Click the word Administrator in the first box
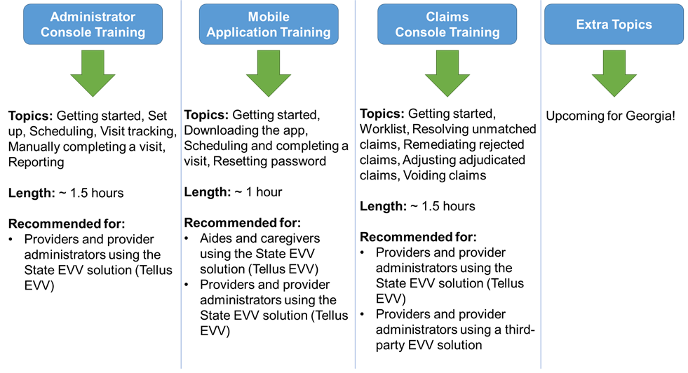[x=93, y=17]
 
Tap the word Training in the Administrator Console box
[x=120, y=32]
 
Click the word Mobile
[x=268, y=17]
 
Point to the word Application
[x=240, y=32]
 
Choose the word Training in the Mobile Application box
[x=303, y=32]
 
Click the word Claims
[x=447, y=17]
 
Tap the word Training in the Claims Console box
[x=474, y=32]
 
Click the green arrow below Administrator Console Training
[x=93, y=73]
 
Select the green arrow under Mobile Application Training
[x=268, y=73]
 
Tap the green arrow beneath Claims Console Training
[x=447, y=73]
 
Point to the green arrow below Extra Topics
[x=614, y=73]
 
